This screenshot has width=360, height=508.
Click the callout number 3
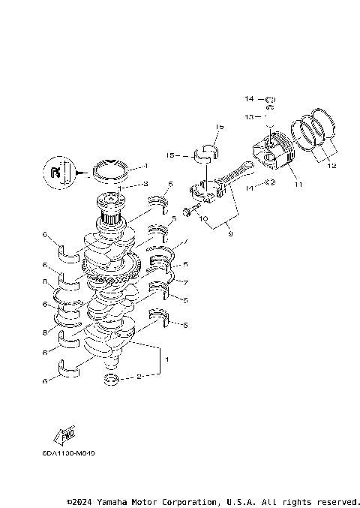coord(145,184)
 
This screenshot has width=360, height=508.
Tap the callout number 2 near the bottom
coord(138,377)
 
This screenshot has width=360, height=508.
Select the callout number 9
coord(230,234)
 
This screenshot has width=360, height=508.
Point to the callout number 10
coord(202,218)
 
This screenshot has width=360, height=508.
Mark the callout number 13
coord(248,117)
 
